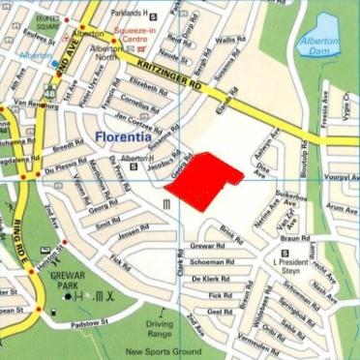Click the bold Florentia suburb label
click(x=128, y=138)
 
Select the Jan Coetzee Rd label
click(x=136, y=123)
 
